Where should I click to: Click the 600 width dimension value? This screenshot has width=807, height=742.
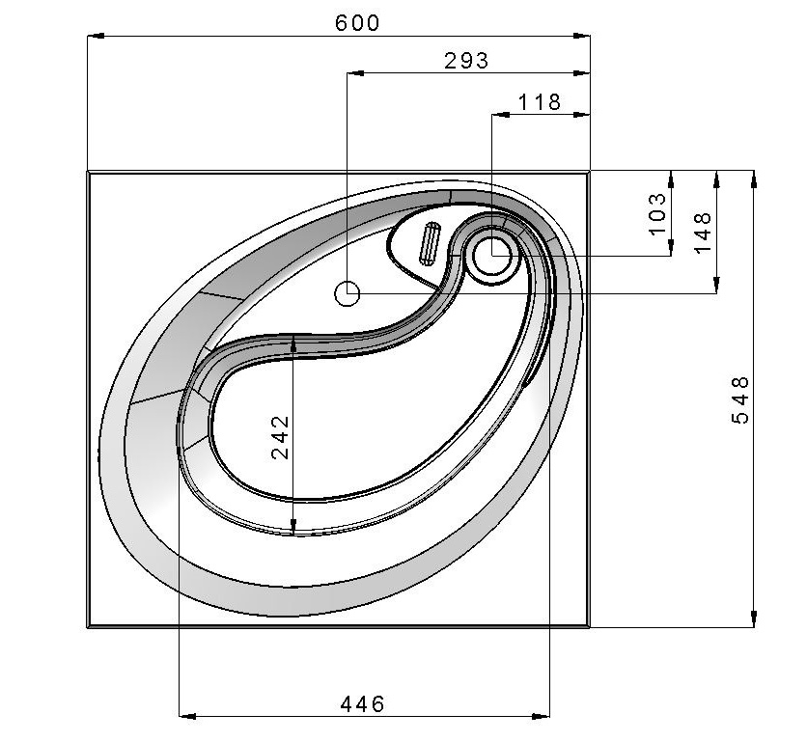(x=356, y=22)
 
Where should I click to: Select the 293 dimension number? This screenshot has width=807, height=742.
(x=466, y=61)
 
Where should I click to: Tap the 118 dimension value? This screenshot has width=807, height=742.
(x=539, y=102)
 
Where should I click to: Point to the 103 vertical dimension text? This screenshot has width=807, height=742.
(x=657, y=213)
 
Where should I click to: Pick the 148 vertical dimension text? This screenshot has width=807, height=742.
(x=702, y=233)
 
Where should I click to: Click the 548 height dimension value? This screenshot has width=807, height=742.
(x=740, y=400)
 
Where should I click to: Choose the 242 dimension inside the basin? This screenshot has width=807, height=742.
(x=281, y=437)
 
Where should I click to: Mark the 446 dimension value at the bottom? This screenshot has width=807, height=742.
(x=362, y=704)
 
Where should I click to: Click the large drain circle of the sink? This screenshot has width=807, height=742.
(x=492, y=256)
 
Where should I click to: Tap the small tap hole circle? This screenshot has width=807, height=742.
(x=347, y=294)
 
